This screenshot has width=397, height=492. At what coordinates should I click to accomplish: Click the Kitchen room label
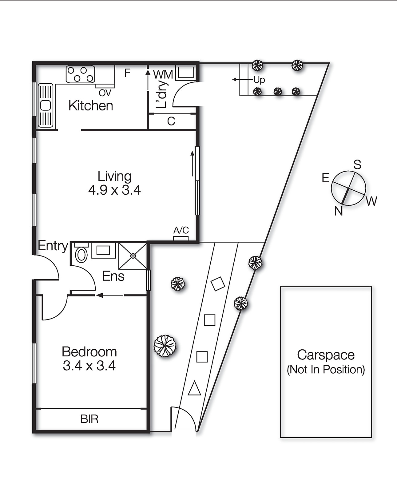click(91, 106)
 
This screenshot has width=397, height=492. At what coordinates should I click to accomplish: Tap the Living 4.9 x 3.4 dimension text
click(114, 190)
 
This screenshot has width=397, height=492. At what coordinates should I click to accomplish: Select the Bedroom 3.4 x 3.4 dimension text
click(89, 366)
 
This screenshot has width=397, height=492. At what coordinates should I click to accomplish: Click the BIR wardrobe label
click(89, 419)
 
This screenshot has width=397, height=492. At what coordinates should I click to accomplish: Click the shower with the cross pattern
click(133, 256)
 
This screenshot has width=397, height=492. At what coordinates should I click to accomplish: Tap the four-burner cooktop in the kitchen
click(80, 74)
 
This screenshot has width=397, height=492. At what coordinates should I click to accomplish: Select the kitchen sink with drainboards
click(46, 105)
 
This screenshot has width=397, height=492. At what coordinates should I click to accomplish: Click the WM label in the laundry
click(163, 74)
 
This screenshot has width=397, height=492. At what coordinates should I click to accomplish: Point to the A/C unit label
click(181, 230)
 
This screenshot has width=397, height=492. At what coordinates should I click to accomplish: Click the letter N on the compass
click(339, 211)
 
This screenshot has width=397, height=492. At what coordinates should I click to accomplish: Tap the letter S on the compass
click(357, 165)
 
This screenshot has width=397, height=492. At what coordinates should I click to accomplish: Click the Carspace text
click(326, 355)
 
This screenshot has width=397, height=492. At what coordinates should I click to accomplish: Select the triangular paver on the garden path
click(194, 389)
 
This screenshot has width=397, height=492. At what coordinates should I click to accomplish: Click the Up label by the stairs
click(259, 80)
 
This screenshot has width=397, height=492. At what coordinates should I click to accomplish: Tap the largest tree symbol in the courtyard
click(165, 346)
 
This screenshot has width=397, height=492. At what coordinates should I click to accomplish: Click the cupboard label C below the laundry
click(171, 121)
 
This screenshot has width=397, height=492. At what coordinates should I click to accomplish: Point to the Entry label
click(53, 246)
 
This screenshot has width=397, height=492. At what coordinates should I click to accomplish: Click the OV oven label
click(105, 93)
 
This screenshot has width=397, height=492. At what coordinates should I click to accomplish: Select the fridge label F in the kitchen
click(127, 73)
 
